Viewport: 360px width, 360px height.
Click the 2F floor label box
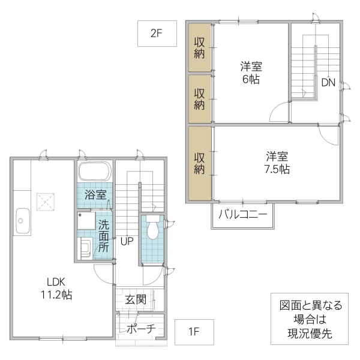[156, 34]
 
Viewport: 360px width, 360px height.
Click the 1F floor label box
[193, 331]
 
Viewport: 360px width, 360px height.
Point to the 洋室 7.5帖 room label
[278, 163]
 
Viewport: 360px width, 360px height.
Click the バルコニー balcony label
[242, 214]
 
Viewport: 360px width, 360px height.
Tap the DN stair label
[328, 83]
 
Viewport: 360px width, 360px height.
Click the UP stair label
[126, 242]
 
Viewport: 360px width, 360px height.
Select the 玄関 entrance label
[135, 299]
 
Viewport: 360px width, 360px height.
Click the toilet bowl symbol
[152, 227]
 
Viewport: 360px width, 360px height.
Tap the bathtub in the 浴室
[95, 172]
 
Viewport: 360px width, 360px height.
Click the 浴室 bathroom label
[95, 194]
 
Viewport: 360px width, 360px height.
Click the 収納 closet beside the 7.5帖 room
[200, 163]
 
